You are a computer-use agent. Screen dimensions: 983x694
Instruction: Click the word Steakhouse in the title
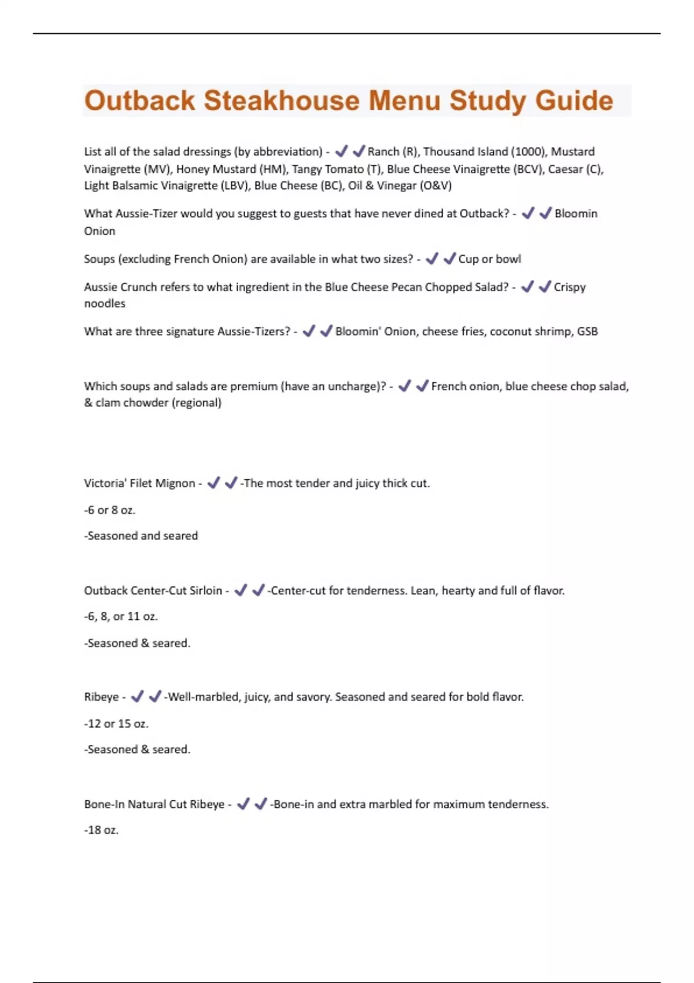tap(282, 101)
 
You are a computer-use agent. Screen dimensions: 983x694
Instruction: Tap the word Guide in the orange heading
tap(574, 101)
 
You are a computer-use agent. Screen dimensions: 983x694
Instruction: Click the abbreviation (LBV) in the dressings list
tap(235, 186)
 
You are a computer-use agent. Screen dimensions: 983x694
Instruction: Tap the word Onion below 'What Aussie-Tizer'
tap(99, 231)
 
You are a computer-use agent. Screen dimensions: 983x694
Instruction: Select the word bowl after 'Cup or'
tap(508, 259)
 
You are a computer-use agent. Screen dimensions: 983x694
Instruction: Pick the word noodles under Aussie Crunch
tap(105, 304)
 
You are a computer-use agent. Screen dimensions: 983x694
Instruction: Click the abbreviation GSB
tap(588, 331)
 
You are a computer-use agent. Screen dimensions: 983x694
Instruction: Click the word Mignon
tap(175, 483)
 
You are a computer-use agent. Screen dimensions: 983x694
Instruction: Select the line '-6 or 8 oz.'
tap(110, 510)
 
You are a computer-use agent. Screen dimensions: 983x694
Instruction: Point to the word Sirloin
tap(206, 590)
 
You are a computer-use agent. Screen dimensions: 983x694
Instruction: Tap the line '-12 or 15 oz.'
tap(116, 723)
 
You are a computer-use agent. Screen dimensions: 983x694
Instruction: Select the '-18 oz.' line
tap(101, 830)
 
